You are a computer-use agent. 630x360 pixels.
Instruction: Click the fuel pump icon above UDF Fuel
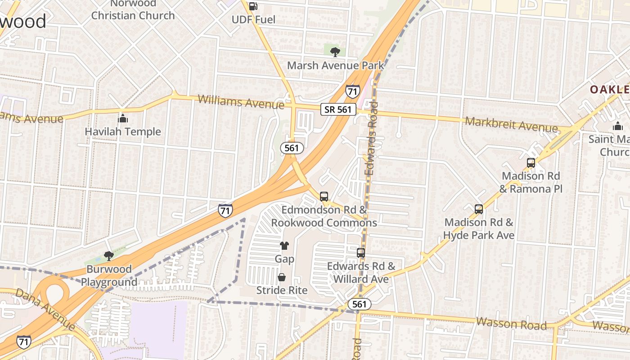click(253, 6)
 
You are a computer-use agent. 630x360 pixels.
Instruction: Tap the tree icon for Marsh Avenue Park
click(335, 52)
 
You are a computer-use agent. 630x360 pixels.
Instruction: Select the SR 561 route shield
click(338, 109)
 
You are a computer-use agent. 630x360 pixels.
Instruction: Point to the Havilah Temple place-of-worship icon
click(123, 119)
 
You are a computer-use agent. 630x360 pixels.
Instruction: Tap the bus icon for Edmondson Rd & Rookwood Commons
click(324, 197)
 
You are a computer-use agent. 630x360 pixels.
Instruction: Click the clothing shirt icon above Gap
click(284, 246)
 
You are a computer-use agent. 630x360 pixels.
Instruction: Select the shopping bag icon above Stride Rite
click(282, 277)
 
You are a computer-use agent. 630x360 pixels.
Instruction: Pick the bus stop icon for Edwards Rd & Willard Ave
click(361, 253)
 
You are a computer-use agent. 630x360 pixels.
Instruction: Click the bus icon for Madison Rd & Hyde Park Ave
click(479, 209)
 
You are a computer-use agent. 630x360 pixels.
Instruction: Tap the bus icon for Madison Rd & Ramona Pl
click(531, 163)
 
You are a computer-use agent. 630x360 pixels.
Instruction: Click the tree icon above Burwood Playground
click(108, 256)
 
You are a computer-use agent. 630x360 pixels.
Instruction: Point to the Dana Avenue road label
click(45, 309)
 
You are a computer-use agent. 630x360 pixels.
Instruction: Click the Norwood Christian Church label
click(133, 9)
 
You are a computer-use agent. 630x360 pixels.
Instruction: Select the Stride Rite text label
click(282, 290)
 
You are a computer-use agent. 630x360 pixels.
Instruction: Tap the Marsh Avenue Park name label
click(336, 65)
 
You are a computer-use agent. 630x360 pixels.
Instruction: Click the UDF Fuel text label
click(253, 19)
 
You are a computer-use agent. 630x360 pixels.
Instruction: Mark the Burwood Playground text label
click(109, 276)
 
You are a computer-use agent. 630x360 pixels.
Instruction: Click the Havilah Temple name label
click(123, 131)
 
